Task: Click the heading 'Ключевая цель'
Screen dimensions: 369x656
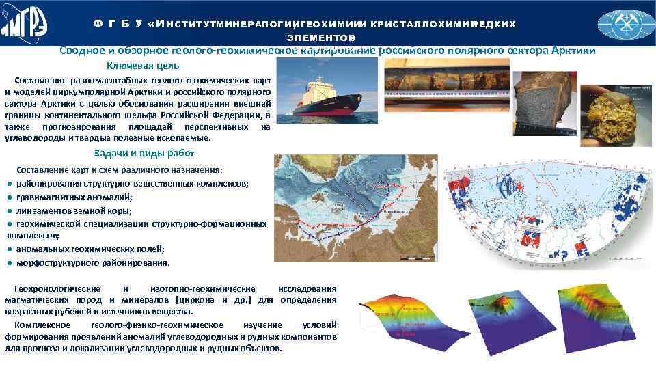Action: [143, 66]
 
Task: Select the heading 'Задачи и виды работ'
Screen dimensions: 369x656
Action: [143, 153]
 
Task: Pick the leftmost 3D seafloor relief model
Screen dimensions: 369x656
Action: [399, 320]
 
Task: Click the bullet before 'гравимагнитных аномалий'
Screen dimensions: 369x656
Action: [10, 197]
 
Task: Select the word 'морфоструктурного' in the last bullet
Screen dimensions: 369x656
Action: [53, 263]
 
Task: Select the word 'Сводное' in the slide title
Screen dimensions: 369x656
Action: [79, 51]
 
